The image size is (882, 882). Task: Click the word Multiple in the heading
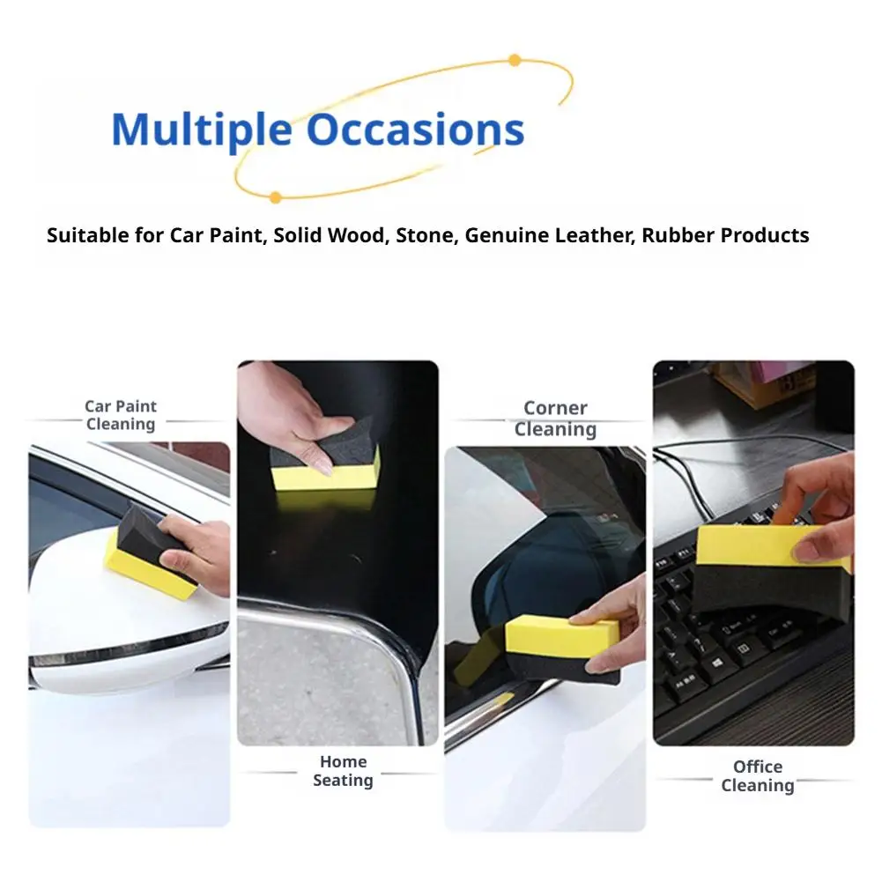[x=202, y=130]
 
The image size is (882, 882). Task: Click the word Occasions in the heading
[x=416, y=130]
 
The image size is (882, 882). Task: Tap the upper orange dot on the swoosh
[x=514, y=60]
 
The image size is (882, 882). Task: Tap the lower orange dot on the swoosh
[x=275, y=197]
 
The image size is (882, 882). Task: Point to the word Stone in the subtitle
[x=427, y=235]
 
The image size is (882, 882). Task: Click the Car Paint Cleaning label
[x=121, y=415]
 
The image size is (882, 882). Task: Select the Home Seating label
[x=343, y=771]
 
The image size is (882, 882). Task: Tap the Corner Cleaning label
[x=555, y=419]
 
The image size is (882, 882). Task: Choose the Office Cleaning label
[x=758, y=775]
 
